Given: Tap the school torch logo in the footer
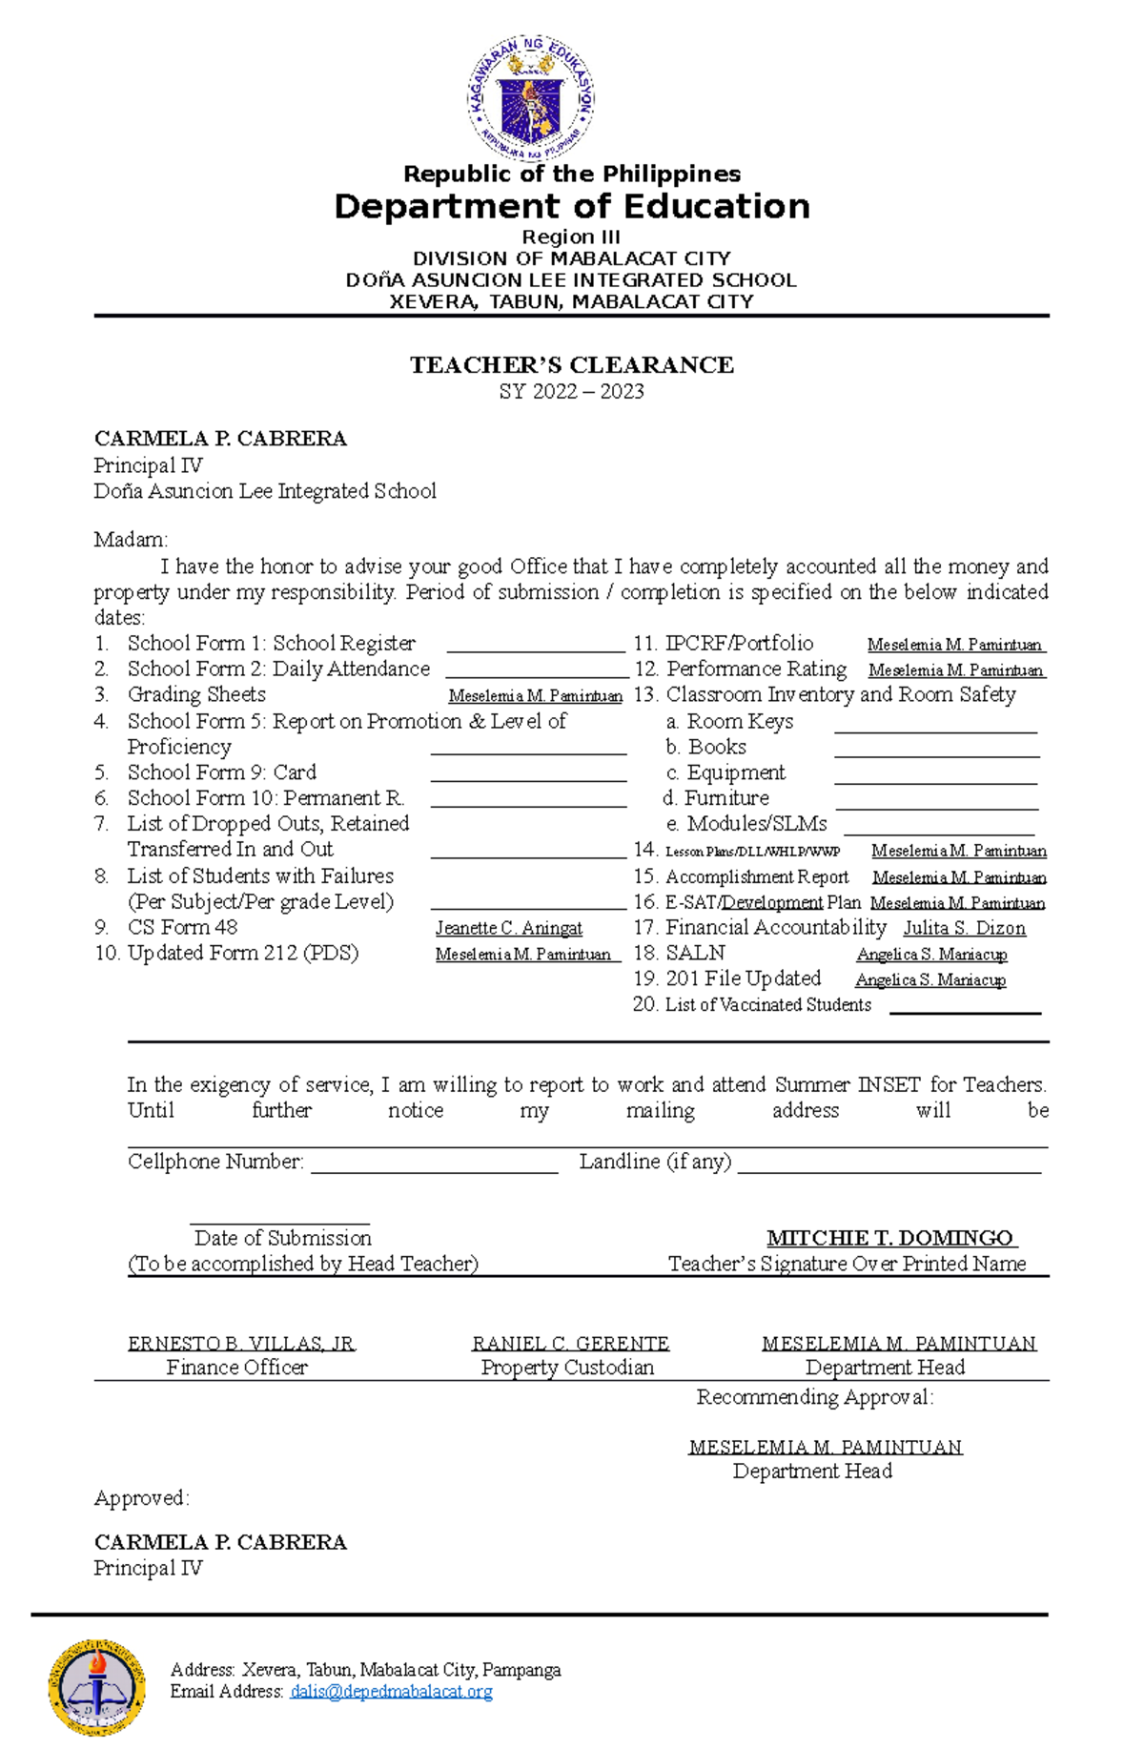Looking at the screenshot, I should [96, 1688].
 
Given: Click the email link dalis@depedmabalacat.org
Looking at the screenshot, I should [391, 1691].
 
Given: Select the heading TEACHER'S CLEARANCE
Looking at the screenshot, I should [571, 365].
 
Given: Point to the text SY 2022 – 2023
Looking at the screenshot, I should [571, 391].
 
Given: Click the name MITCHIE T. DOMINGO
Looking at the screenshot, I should [890, 1238].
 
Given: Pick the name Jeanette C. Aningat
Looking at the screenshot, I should [508, 928].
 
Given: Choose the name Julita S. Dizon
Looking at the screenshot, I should [964, 928].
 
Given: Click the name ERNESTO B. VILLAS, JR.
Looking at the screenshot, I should [241, 1344].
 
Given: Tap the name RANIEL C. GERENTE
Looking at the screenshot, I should [570, 1344].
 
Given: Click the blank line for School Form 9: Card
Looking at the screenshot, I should [528, 780].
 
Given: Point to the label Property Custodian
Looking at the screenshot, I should [567, 1368].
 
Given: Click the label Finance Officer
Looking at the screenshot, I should [236, 1368].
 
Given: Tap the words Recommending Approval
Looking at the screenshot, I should [814, 1397].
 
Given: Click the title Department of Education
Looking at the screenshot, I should [571, 206].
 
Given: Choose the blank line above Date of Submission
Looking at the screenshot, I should [279, 1222].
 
